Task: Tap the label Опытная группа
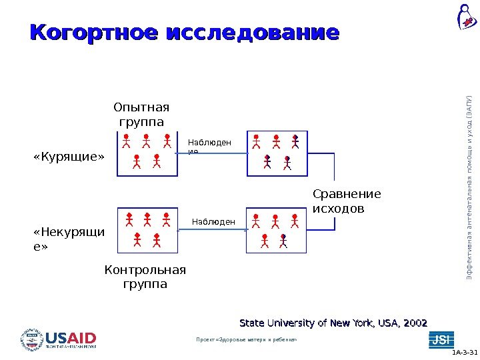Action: point(141,115)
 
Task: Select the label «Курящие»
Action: point(69,157)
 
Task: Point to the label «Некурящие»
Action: point(69,240)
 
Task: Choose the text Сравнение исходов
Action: point(347,201)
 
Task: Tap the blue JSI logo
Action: point(441,339)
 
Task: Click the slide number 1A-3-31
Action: point(464,353)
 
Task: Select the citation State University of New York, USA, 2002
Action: point(333,323)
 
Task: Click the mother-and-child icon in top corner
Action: point(465,18)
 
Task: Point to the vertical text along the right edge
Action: point(469,187)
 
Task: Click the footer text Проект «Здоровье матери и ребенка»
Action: point(246,340)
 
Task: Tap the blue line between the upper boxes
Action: point(212,155)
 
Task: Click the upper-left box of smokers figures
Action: point(147,153)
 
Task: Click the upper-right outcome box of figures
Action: point(277,153)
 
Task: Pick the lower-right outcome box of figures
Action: point(277,231)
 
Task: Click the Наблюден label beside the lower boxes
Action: point(213,222)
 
